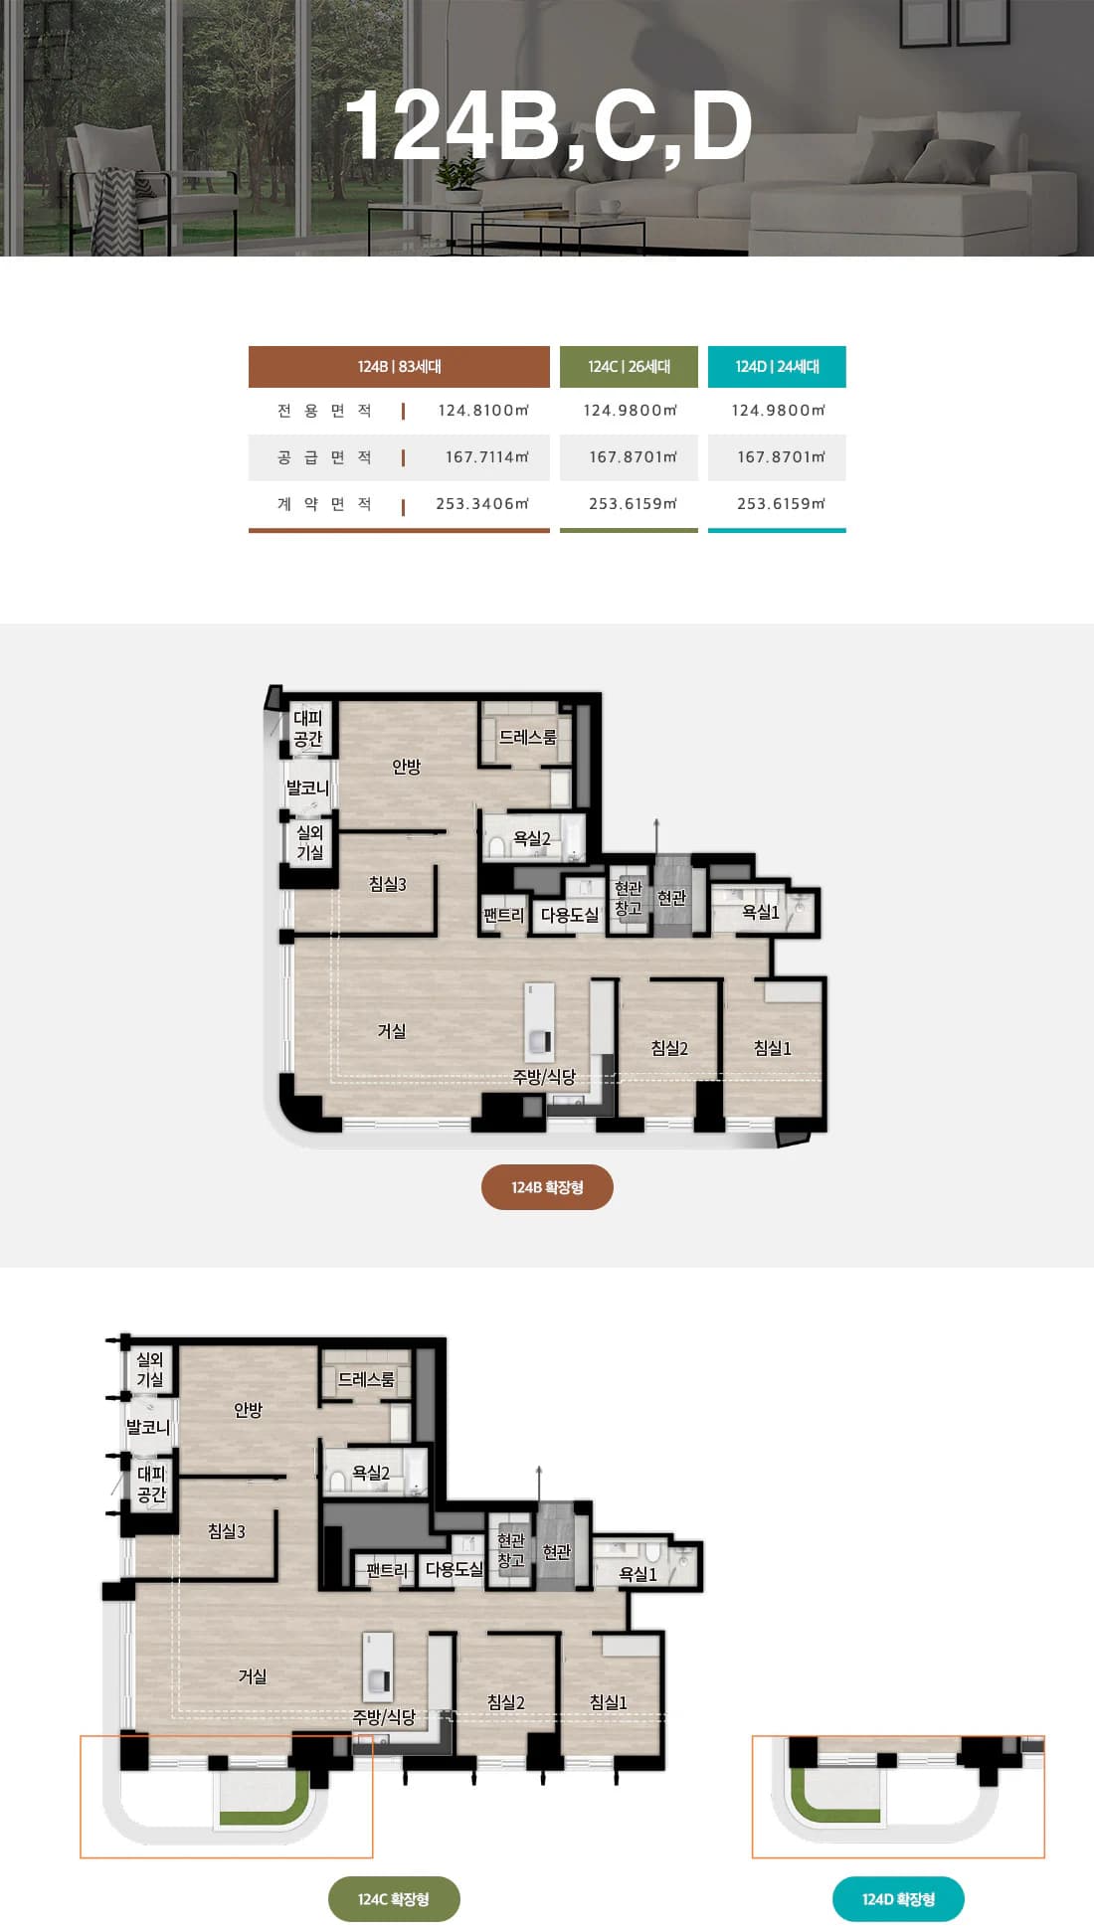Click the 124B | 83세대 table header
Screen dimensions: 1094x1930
click(x=399, y=367)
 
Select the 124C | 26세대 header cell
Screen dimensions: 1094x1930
click(x=629, y=367)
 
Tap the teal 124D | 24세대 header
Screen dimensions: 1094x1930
click(x=777, y=367)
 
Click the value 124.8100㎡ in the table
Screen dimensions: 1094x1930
click(x=483, y=411)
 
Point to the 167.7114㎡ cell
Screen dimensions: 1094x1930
click(x=487, y=457)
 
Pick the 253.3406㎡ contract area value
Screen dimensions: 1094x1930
click(x=482, y=504)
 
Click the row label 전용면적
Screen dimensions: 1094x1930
click(x=324, y=411)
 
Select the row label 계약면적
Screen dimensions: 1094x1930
click(x=324, y=504)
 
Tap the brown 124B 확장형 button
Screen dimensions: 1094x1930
click(x=547, y=1187)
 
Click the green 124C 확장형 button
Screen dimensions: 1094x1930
click(x=394, y=1899)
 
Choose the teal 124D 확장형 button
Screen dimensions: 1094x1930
click(x=898, y=1899)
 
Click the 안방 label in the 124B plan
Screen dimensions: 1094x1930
click(x=406, y=767)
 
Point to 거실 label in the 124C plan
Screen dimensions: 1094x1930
click(x=253, y=1676)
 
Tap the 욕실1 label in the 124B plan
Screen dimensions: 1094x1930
click(x=761, y=912)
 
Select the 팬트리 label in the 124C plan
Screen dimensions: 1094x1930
click(x=387, y=1570)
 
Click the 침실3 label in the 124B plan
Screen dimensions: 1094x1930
click(x=388, y=884)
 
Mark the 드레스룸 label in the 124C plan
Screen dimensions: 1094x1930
click(x=366, y=1379)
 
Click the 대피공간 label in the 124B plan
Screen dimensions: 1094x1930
click(x=308, y=729)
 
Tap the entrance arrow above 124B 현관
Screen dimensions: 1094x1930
click(x=656, y=836)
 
